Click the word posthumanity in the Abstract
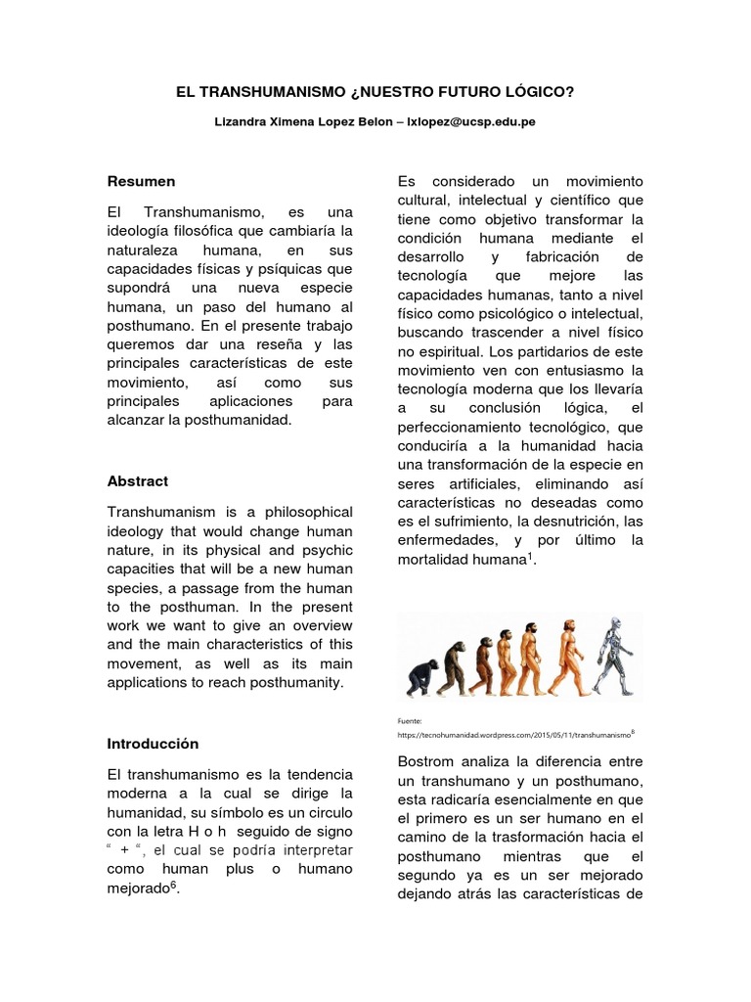point(299,683)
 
